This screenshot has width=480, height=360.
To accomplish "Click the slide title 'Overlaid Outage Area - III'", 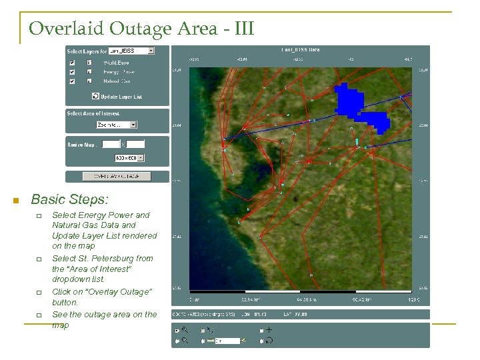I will (x=141, y=29).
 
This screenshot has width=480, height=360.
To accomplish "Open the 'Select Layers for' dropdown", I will (x=131, y=51).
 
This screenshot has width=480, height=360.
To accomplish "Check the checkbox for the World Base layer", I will (x=72, y=63).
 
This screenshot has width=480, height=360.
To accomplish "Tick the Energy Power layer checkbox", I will (x=72, y=71).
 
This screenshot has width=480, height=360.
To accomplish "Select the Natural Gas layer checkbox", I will (x=72, y=81).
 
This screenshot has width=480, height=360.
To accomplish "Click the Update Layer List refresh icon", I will (x=95, y=97).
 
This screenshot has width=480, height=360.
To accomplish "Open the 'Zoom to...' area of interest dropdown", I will (x=116, y=125).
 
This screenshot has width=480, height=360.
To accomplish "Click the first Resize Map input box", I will (x=111, y=144).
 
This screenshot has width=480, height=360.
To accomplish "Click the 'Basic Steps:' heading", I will (x=70, y=199).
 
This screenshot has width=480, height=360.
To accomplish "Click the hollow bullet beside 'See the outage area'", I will (x=39, y=315).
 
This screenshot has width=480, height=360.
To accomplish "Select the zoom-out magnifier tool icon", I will (x=185, y=340).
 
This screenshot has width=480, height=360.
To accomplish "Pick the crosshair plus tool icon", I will (x=269, y=330).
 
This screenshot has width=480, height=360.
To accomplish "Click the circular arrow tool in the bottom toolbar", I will (x=269, y=340).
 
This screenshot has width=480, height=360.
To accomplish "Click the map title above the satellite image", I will (x=301, y=49).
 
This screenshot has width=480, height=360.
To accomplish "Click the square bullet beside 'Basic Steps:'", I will (x=15, y=200).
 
